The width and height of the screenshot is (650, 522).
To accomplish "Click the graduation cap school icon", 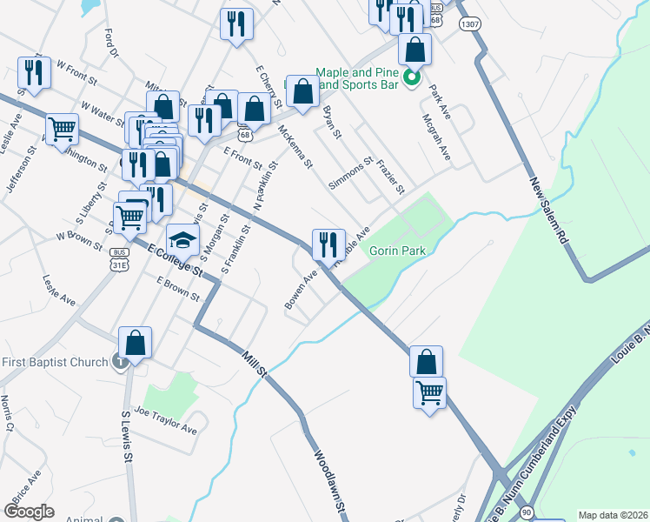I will tap(182, 239).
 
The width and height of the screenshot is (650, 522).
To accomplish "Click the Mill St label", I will tap(253, 358).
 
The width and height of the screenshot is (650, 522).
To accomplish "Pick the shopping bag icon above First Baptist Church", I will tap(136, 342).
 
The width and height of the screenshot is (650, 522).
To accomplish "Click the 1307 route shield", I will tap(469, 24).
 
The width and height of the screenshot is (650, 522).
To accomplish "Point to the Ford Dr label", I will tap(110, 43).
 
